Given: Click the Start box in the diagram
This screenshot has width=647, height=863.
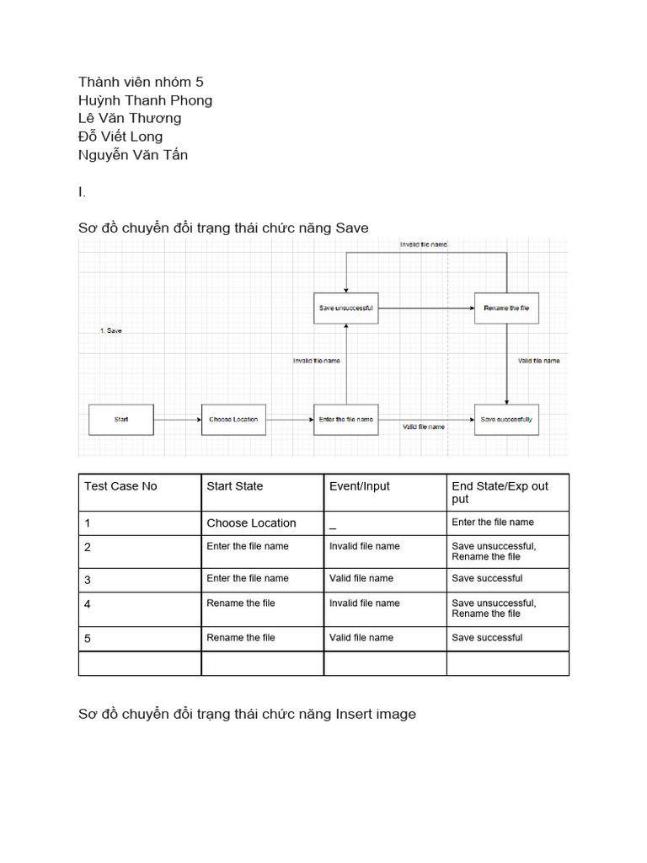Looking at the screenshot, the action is point(121,420).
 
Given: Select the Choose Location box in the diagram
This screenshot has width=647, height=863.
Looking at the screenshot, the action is point(233,420).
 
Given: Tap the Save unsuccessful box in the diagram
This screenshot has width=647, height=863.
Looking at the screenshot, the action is point(345,308).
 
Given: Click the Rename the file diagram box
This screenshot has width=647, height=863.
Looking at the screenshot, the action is point(506,308).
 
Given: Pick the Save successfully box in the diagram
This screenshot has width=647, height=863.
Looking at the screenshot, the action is point(506,420).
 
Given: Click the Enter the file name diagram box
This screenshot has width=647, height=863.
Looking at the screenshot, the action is point(345,420).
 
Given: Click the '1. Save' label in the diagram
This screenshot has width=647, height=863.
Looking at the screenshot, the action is point(110,331).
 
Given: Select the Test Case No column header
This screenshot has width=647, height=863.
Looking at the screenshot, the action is point(120,486).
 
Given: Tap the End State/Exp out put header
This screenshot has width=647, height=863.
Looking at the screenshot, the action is point(500,492).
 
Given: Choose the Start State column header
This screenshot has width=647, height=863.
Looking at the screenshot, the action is point(235,486).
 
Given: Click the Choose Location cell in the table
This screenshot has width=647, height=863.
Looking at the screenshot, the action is point(251,523).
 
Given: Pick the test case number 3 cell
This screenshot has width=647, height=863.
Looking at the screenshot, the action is point(88,580).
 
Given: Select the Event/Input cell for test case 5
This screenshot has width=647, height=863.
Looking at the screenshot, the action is point(361,638).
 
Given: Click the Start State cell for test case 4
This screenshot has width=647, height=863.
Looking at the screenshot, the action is point(241,603).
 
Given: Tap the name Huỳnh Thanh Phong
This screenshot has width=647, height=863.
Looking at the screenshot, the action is point(145,100).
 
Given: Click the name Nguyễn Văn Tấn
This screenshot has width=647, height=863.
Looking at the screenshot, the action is point(133,155).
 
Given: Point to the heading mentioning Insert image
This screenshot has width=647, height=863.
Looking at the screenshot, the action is point(247,715).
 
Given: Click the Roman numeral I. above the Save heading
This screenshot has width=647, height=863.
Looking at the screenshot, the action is point(82,192).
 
